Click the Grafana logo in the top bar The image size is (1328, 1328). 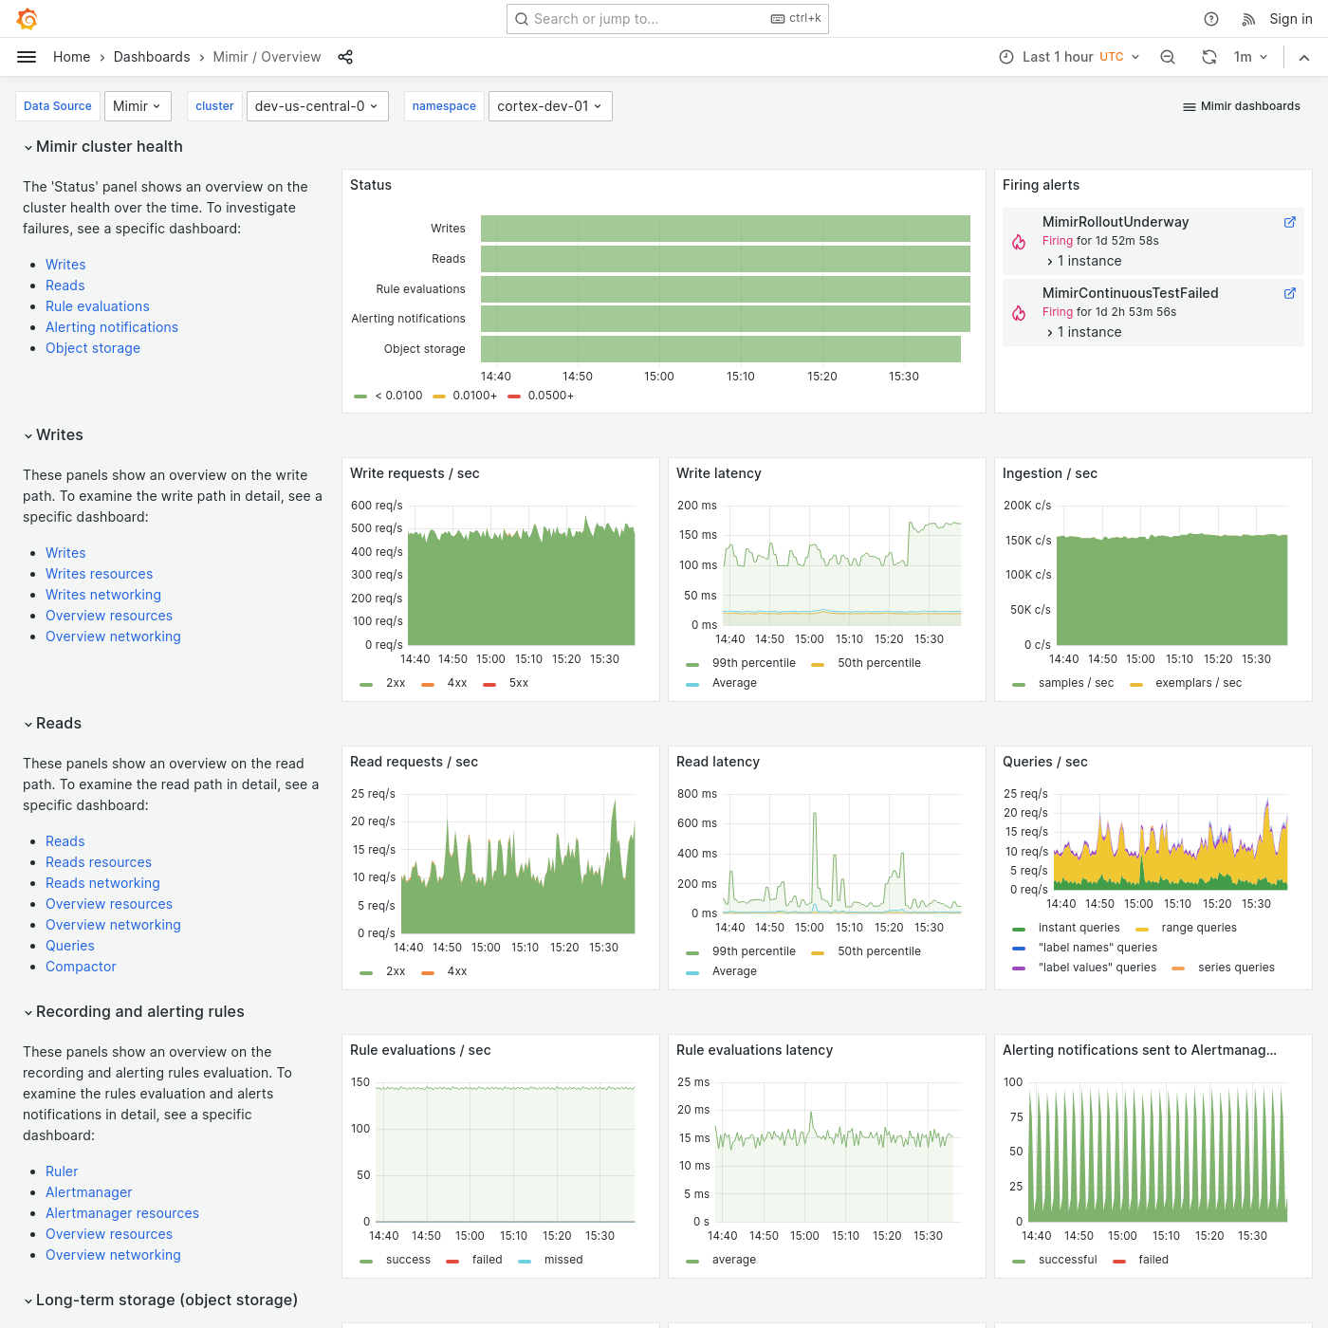click(28, 19)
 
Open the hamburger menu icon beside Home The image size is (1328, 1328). click(27, 57)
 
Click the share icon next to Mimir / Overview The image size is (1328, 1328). click(345, 57)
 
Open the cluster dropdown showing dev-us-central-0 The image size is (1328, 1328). click(315, 106)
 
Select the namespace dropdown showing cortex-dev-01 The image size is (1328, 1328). click(549, 106)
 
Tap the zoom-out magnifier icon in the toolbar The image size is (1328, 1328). click(1168, 57)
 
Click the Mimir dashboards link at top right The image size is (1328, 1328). click(1241, 106)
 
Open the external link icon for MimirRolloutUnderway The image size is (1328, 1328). click(1289, 222)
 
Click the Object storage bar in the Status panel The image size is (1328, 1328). click(720, 349)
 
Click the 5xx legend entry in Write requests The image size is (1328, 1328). click(518, 683)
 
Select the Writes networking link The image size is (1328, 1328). click(103, 595)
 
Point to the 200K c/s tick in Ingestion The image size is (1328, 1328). click(1027, 506)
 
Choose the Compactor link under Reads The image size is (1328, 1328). click(81, 967)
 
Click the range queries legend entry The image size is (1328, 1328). click(1198, 928)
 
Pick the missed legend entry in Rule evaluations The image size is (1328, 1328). click(563, 1260)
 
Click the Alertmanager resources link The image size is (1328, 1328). click(122, 1213)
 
